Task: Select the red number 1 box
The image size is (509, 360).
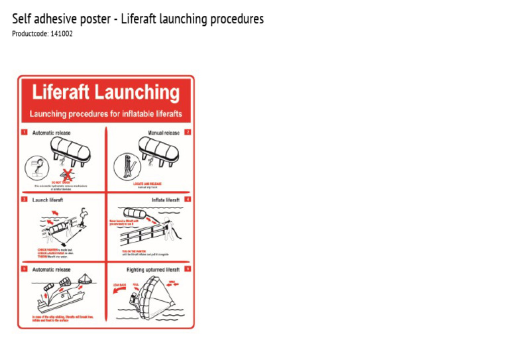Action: tap(25, 133)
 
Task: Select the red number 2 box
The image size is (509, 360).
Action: tap(188, 133)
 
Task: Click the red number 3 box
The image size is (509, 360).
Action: tap(25, 199)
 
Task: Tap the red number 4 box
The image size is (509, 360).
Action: tap(188, 199)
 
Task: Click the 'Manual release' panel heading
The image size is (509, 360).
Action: tap(163, 133)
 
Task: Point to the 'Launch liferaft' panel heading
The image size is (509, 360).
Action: tap(48, 199)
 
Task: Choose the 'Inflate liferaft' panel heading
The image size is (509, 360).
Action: tap(165, 199)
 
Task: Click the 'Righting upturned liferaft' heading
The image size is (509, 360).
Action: tap(153, 270)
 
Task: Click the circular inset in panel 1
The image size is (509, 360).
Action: tap(37, 166)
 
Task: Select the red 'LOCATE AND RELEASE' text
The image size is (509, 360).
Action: tap(147, 184)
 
